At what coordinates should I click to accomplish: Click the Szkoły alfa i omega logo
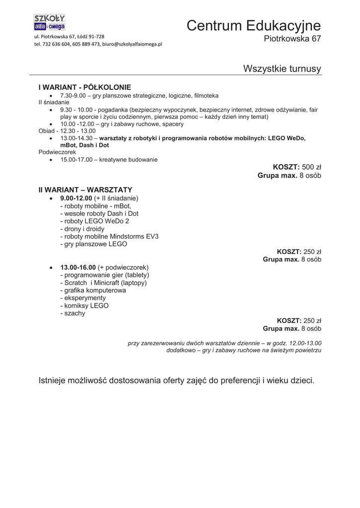49,22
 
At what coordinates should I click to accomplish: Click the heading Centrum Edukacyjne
254,26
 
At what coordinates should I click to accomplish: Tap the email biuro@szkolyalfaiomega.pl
133,44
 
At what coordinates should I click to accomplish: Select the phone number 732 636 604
57,44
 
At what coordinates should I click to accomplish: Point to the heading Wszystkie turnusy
282,68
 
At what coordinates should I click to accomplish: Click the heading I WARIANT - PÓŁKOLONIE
85,87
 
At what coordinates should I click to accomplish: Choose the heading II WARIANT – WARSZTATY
85,190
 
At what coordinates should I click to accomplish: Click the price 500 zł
312,167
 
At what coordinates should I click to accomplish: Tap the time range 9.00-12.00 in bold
76,198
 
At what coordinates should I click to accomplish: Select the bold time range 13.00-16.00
78,267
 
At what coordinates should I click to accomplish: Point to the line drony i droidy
82,229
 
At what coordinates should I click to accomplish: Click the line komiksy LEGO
84,306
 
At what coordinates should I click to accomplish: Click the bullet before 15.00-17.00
52,160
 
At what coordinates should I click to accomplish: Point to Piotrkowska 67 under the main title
292,39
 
